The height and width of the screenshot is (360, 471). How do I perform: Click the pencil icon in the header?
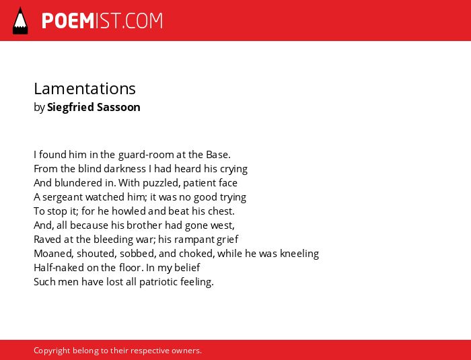tap(20, 21)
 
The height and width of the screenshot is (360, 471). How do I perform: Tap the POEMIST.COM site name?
tap(102, 21)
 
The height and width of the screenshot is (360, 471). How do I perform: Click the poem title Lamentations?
tap(85, 89)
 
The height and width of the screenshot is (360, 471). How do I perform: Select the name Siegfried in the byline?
tap(71, 107)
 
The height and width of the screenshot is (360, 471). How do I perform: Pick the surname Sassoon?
tap(118, 107)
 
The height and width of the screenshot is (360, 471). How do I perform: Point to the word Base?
tap(218, 155)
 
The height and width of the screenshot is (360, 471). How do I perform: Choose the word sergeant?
tap(63, 197)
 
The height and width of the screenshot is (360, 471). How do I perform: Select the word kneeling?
tap(299, 254)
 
